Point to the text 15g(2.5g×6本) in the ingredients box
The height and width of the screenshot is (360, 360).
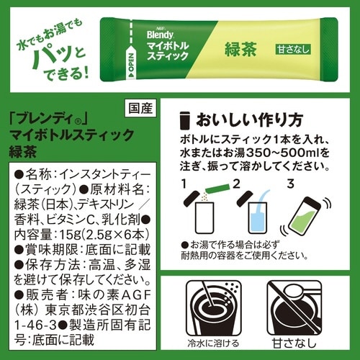96,233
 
